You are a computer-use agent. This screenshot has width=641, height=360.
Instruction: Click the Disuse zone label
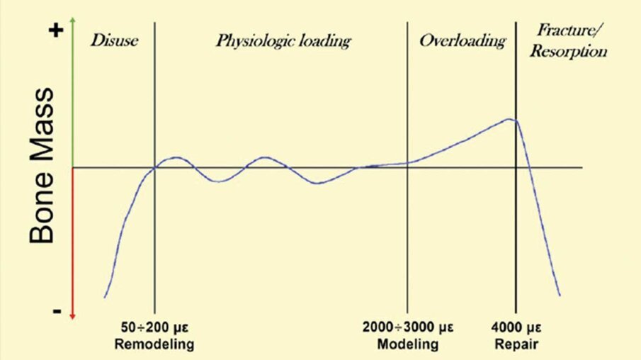[x=114, y=40]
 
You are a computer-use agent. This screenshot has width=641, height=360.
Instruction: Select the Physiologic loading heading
[x=283, y=41]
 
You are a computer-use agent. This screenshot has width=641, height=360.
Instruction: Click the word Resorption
[x=572, y=52]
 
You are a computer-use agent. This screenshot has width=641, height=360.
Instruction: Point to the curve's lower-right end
[x=560, y=295]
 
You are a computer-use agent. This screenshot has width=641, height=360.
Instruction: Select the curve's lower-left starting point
[x=105, y=297]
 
